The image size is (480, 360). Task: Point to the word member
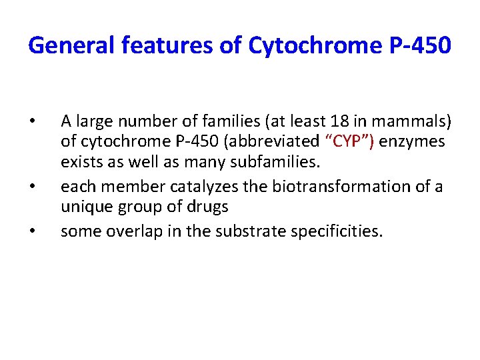121,187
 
